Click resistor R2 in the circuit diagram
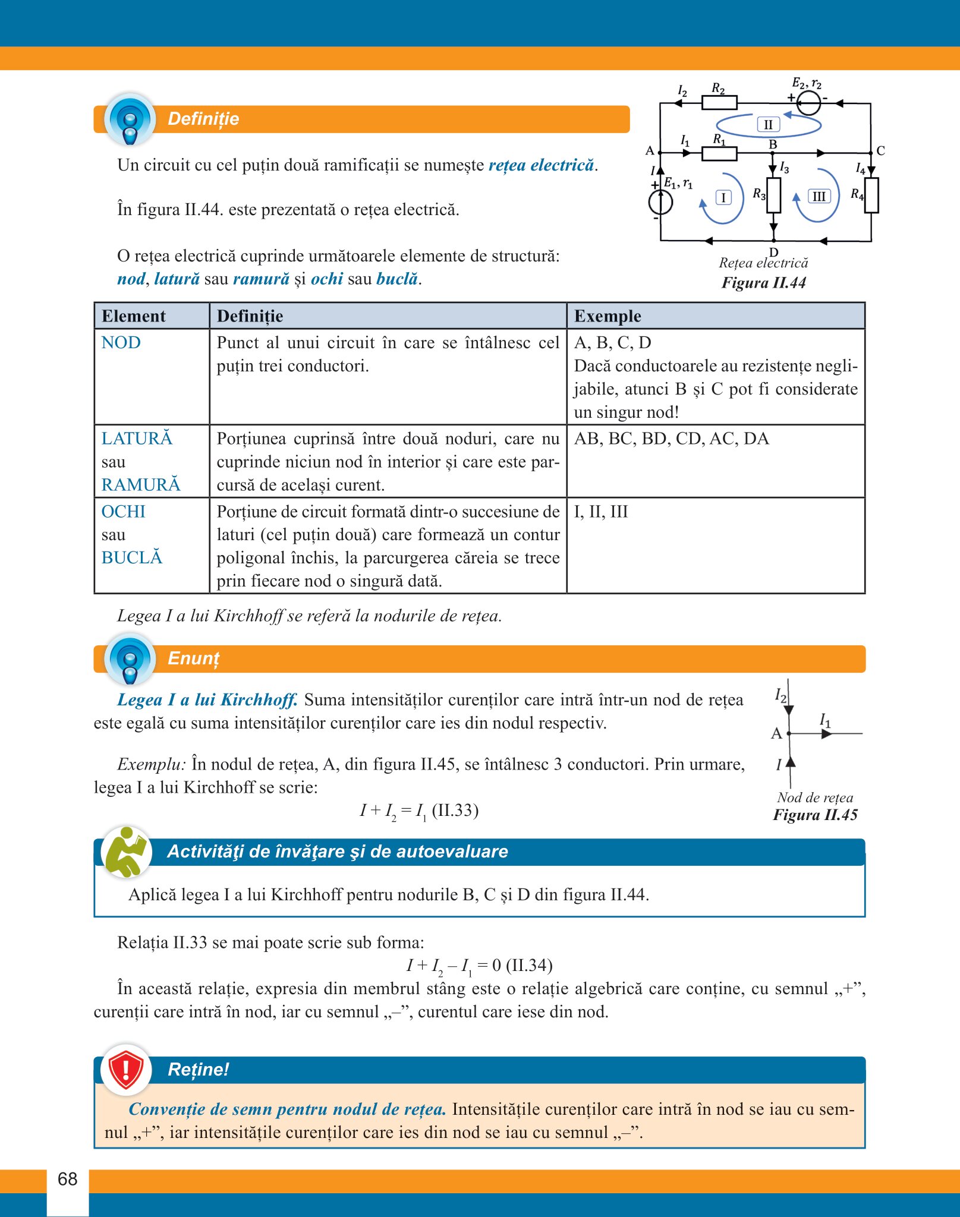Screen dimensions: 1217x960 tap(719, 103)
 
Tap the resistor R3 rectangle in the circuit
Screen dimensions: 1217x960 tap(773, 196)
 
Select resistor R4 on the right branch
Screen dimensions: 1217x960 tap(871, 196)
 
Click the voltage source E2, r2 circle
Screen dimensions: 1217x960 tap(808, 103)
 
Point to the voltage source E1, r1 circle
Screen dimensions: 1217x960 tap(660, 203)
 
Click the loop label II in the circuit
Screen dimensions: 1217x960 tap(768, 125)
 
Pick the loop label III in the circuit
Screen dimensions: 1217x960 tap(819, 197)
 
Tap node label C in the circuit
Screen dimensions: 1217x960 tap(880, 151)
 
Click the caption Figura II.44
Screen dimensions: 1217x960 tap(764, 283)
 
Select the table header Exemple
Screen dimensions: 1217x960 tap(608, 316)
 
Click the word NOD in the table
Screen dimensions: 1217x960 tap(121, 343)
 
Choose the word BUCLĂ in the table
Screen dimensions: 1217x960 tap(132, 558)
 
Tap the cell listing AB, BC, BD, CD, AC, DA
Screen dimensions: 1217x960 tap(671, 439)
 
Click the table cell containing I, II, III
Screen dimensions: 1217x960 tap(601, 512)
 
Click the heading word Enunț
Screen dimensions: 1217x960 tap(194, 658)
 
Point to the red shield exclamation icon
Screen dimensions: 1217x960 tap(125, 1070)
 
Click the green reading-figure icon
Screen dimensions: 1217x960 tap(126, 852)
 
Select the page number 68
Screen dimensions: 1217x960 tap(68, 1179)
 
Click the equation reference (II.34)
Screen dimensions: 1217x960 tap(529, 965)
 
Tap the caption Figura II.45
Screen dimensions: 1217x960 tap(815, 815)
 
